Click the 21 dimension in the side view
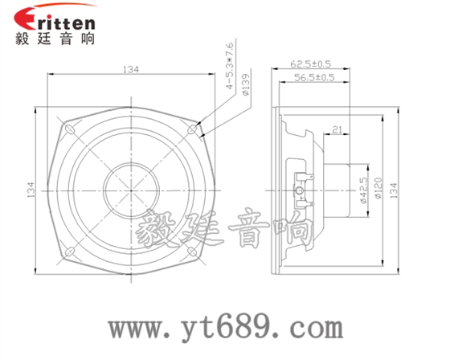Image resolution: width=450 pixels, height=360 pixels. point(336,128)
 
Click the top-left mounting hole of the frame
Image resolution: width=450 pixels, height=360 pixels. point(69,127)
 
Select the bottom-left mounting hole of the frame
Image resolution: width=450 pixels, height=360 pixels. point(69,251)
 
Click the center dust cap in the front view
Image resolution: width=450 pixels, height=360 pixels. point(130,190)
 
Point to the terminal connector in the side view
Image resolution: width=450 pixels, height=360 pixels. point(301,190)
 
